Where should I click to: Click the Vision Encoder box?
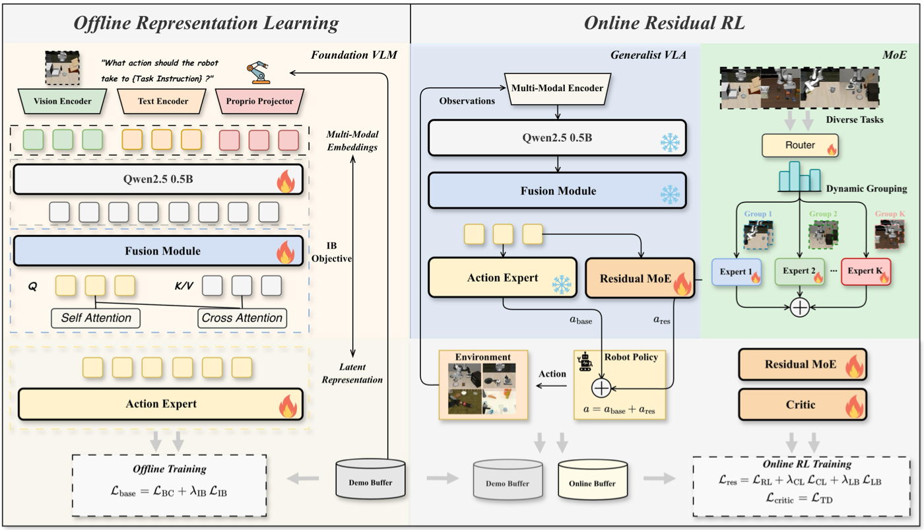point(62,101)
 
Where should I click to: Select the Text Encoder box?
point(162,101)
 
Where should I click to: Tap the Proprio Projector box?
point(259,101)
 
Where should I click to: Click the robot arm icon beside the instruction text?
point(258,73)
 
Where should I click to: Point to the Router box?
point(800,145)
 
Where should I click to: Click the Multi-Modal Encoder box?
point(557,88)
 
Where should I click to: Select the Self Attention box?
point(96,318)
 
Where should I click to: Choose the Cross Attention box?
point(242,318)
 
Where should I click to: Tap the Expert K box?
point(866,271)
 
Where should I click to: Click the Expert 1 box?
point(737,272)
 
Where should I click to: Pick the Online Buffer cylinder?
point(593,480)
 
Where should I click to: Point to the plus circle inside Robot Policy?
point(601,388)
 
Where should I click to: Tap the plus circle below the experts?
point(799,308)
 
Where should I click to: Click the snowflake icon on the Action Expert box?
point(562,284)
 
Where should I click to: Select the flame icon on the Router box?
point(831,149)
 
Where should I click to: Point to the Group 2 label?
point(823,214)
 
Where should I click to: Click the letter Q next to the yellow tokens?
point(32,286)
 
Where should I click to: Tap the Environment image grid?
point(482,388)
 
